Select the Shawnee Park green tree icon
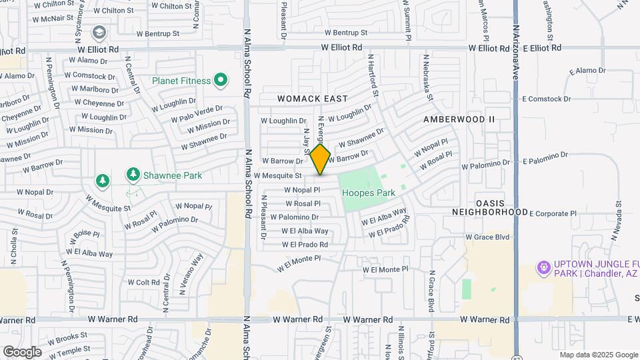point(133,175)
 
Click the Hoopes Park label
point(369,193)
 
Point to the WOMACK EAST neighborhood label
point(312,99)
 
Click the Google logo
point(21,351)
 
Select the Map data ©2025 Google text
point(598,354)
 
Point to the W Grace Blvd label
point(487,237)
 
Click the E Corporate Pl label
point(553,213)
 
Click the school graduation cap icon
point(99,31)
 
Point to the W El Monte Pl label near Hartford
point(385,269)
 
